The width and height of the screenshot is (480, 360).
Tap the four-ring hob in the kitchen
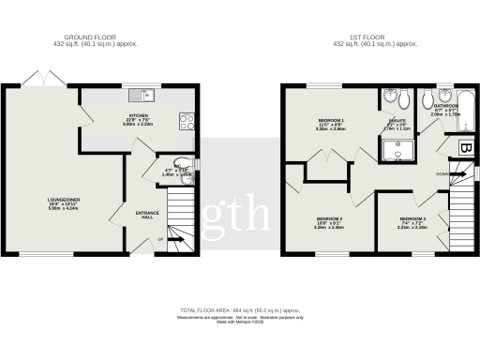187,120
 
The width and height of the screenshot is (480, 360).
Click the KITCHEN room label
139,116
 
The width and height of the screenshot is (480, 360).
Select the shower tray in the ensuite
398,145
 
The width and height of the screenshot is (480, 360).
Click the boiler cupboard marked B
463,147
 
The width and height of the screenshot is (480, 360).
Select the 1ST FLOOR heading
375,37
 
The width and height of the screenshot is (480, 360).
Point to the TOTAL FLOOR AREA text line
240,309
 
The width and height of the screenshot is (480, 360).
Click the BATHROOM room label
445,107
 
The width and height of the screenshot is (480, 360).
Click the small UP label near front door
158,240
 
